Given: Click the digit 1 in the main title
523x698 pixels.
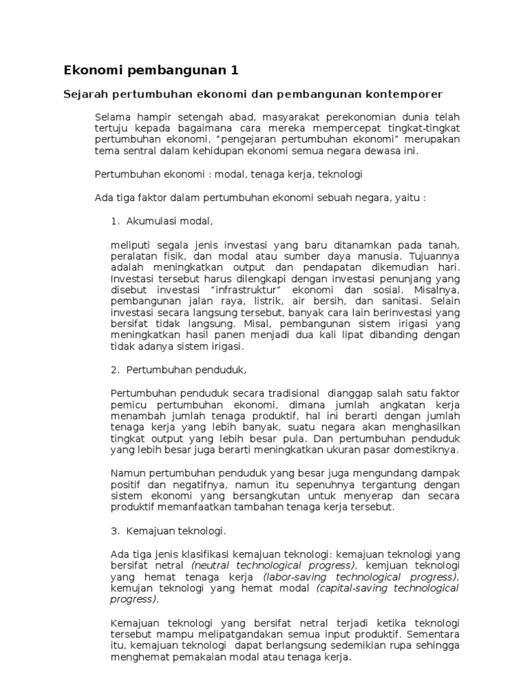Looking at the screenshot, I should [x=235, y=70].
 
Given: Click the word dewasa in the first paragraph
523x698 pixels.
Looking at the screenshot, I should [x=383, y=151].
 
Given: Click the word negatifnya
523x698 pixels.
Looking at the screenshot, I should [x=195, y=484].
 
